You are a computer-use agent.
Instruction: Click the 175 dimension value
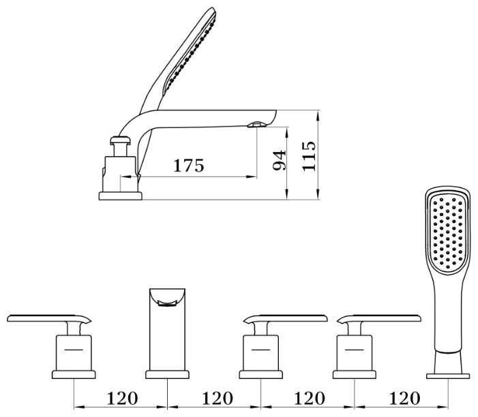click(x=189, y=166)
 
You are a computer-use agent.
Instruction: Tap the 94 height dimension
click(x=278, y=161)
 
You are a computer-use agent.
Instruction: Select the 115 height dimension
click(x=310, y=155)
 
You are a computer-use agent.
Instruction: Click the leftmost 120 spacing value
click(x=122, y=398)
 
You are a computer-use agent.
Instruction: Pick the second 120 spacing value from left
click(x=216, y=398)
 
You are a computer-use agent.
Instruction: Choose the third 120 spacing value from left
click(x=310, y=398)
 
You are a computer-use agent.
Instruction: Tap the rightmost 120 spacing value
click(x=403, y=398)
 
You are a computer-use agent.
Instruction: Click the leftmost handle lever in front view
click(x=48, y=318)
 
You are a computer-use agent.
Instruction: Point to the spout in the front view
click(x=167, y=327)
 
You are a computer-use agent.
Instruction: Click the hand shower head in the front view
click(x=449, y=235)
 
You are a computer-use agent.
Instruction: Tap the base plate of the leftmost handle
click(x=73, y=373)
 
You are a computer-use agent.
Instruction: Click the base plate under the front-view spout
click(x=167, y=373)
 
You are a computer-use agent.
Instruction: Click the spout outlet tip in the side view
click(x=257, y=125)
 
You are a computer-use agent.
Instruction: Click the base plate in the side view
click(x=120, y=196)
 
